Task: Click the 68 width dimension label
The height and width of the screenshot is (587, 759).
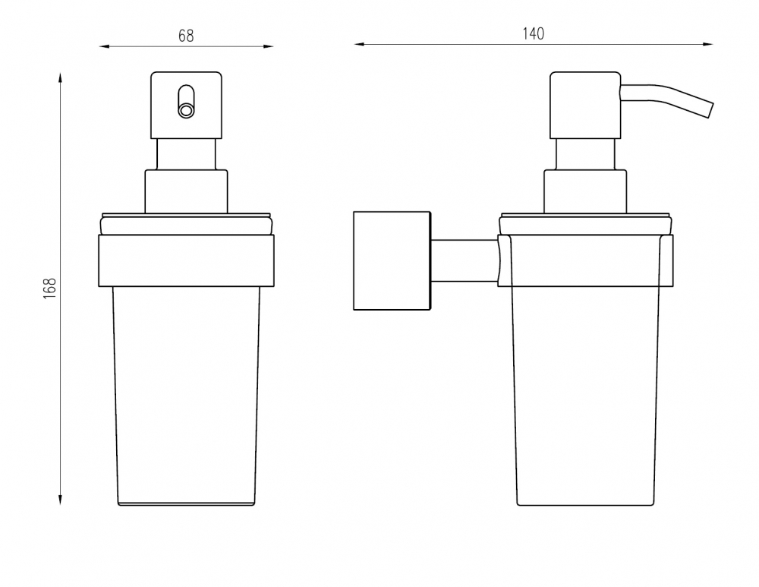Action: coord(186,36)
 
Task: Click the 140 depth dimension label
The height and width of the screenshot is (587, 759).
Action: coord(533,34)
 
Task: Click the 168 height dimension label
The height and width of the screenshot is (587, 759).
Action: coord(50,288)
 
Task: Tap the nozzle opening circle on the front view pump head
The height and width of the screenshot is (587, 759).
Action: coord(186,110)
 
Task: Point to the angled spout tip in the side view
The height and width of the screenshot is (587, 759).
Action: coord(710,109)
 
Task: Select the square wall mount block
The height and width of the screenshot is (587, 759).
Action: coord(392,260)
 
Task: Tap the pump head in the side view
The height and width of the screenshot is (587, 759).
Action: coord(585,105)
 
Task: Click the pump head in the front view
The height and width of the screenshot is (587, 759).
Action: coord(186,105)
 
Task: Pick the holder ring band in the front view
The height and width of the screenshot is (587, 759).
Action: coord(187,260)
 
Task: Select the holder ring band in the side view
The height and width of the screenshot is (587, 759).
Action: coord(585,260)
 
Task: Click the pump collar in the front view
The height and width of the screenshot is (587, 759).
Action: coord(187,191)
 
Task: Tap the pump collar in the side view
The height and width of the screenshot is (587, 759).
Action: coord(585,191)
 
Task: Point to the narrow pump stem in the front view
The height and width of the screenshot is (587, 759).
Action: coord(186,154)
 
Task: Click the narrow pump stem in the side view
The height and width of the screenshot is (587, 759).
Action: coord(585,154)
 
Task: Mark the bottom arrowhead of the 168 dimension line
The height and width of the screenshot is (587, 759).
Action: coord(60,500)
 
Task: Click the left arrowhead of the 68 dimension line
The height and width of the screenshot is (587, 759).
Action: coord(105,46)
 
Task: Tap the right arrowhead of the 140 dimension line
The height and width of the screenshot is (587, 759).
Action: coord(707,44)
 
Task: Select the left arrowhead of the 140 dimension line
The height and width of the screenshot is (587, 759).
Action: coord(359,44)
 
